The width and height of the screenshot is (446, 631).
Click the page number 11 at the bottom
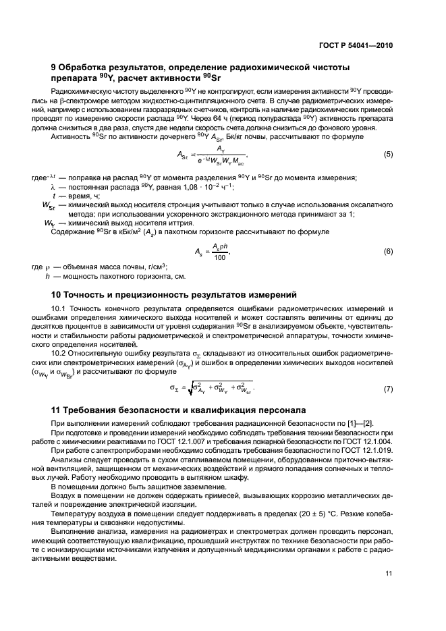(388, 573)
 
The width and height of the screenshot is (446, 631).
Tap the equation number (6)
(388, 251)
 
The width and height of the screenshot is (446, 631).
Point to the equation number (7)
(388, 389)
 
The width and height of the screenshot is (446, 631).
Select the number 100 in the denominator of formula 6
(219, 257)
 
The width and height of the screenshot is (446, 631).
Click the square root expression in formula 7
(221, 388)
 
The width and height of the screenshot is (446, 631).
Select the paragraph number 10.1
(59, 308)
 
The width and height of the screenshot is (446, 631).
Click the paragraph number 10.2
(59, 352)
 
